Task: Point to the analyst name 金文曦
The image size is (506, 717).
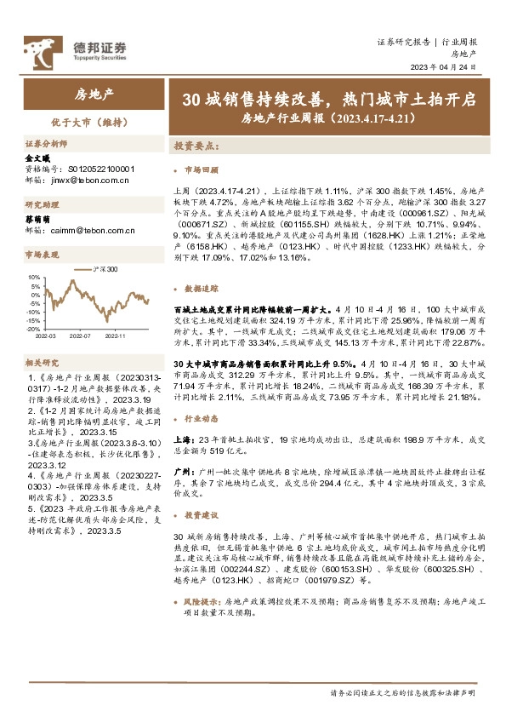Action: point(38,158)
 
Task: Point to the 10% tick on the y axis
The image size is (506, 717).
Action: point(34,277)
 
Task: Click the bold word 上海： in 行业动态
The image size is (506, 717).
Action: point(185,438)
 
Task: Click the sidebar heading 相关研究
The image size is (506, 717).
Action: point(40,364)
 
